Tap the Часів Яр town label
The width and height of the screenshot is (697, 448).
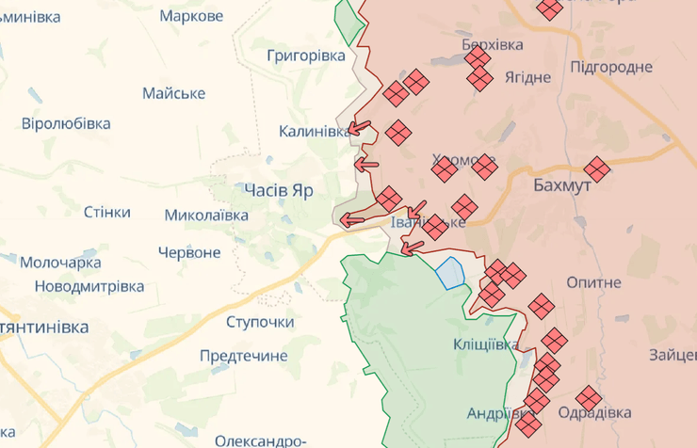[x=278, y=190]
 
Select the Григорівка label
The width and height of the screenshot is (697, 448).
[x=306, y=56]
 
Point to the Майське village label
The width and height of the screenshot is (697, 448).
[x=173, y=93]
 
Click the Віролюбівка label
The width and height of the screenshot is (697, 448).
[x=66, y=123]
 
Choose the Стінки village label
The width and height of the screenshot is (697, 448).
[x=106, y=212]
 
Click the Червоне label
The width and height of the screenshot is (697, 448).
[x=189, y=252]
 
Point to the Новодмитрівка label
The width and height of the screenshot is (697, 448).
[x=89, y=285]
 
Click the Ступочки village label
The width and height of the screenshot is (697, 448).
[x=260, y=322]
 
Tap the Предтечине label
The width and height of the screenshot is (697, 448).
[x=243, y=356]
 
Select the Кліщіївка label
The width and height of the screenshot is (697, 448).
[x=485, y=344]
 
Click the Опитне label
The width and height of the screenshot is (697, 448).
[x=593, y=282]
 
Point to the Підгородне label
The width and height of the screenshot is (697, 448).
[x=611, y=67]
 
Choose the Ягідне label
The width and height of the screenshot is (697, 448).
[x=527, y=77]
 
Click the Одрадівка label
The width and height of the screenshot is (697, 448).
[x=594, y=412]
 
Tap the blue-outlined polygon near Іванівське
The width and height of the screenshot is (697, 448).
[x=450, y=272]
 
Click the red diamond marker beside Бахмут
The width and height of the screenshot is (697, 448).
[x=596, y=169]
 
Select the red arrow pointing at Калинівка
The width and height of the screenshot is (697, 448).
[x=358, y=130]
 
